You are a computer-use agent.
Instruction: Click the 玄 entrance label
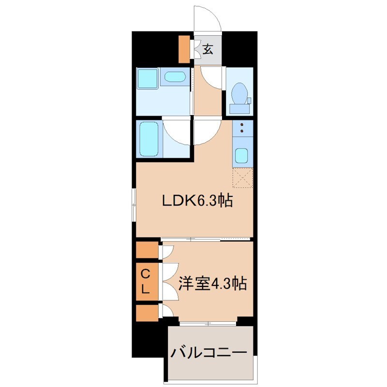[x=208, y=49]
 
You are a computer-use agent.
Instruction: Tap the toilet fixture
[x=239, y=93]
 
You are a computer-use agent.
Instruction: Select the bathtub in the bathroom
[x=149, y=138]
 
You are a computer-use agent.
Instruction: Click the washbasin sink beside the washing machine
[x=174, y=78]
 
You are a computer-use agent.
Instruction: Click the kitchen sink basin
[x=241, y=156]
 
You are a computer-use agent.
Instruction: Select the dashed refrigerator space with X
[x=243, y=177]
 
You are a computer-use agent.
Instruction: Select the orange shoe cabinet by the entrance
[x=184, y=48]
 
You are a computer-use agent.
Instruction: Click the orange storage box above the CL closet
[x=147, y=251]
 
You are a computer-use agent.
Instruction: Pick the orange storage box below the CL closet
[x=147, y=313]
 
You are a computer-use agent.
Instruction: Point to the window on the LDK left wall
[x=134, y=204]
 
